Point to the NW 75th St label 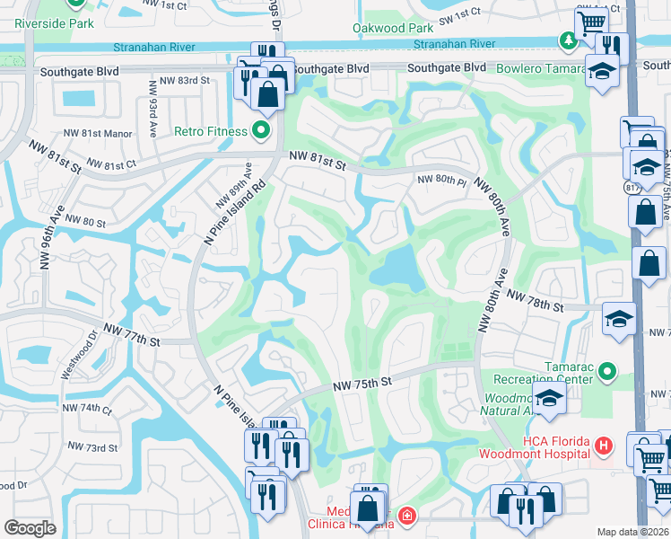coord(362,383)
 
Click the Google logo coord(30,528)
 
